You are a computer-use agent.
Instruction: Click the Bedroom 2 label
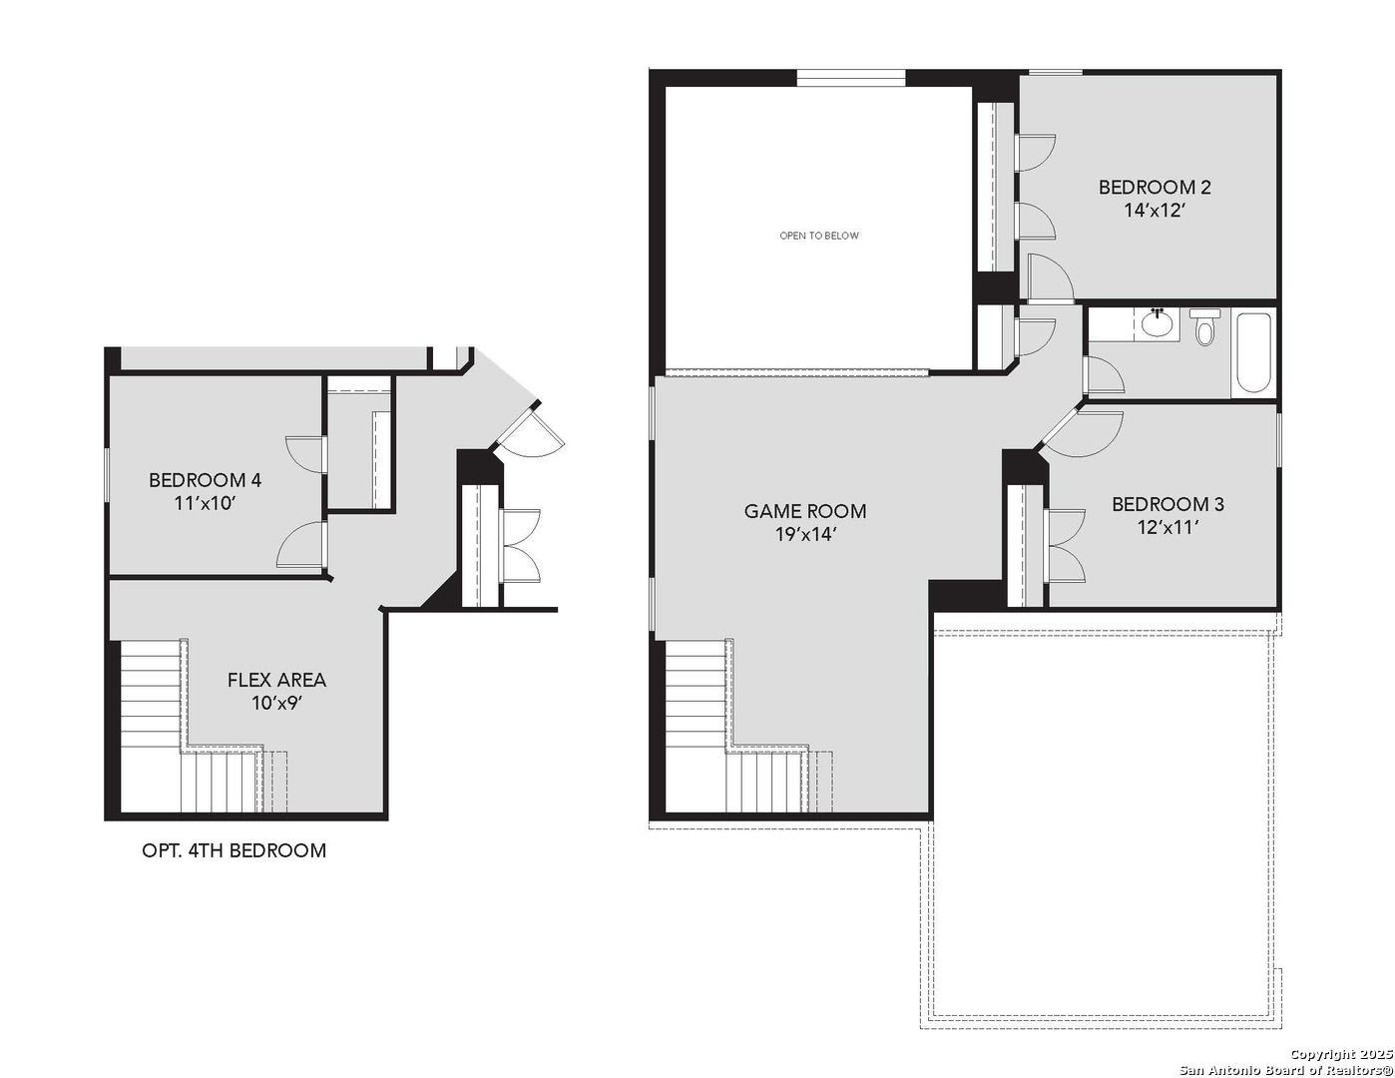1155,187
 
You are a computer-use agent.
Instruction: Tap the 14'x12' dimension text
1155,211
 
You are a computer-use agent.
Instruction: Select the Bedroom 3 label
1167,504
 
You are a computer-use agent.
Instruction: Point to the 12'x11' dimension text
1167,528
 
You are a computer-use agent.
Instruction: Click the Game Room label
805,511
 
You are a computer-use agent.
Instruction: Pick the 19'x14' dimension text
805,535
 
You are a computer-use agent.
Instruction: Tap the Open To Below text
818,236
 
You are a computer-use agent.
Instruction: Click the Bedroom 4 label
205,480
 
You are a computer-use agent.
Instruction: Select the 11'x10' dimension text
205,504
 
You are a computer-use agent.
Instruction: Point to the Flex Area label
276,680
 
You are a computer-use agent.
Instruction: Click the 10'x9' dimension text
276,704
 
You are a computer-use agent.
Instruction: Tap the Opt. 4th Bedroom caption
234,850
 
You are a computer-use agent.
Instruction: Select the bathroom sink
1158,323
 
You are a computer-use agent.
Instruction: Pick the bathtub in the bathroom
1253,352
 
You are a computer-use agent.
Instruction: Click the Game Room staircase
718,739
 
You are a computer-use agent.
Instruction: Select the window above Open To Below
850,78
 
